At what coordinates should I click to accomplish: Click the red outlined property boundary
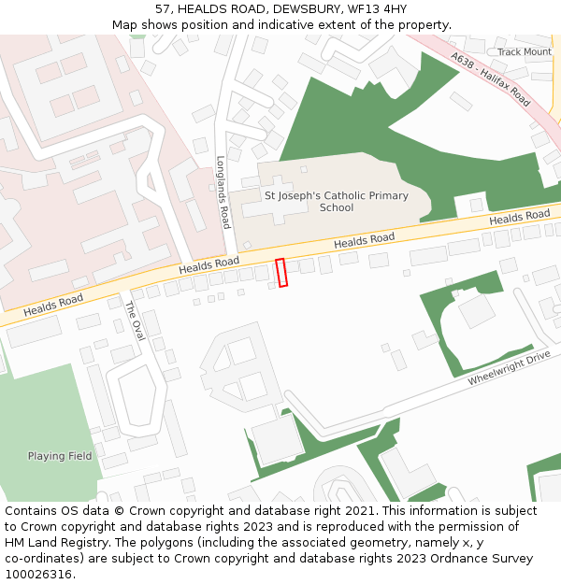[281, 272]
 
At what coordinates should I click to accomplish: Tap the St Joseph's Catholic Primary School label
[337, 202]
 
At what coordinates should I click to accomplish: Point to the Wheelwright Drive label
[509, 369]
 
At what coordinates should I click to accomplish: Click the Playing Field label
[60, 456]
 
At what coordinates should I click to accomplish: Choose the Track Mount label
[524, 52]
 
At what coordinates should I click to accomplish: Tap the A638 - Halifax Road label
[490, 79]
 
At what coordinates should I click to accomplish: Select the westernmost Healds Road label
[53, 304]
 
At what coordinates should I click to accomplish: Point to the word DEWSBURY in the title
[304, 9]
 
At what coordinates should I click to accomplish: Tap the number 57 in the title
[164, 9]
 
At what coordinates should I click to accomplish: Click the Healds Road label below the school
[364, 241]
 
